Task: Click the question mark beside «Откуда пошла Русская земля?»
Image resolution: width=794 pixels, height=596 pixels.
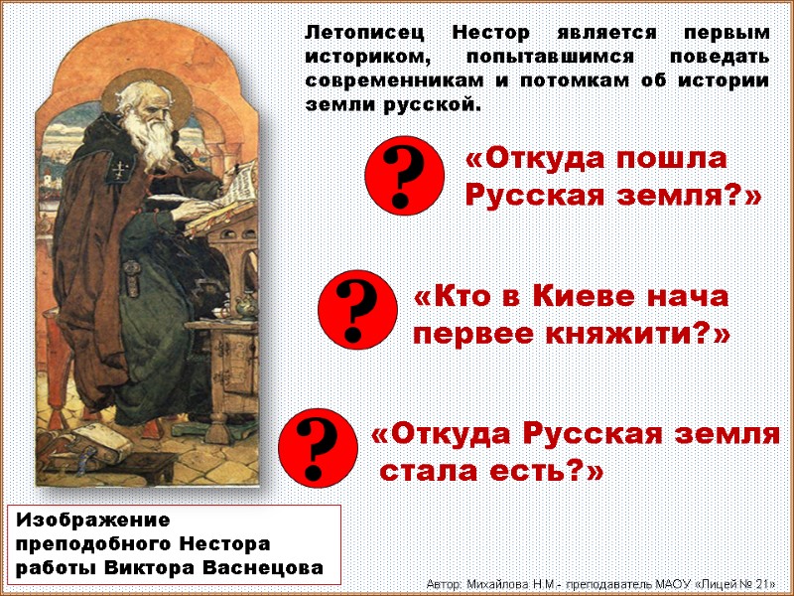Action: click(402, 176)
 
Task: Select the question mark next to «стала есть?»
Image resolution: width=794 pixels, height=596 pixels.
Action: click(317, 447)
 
